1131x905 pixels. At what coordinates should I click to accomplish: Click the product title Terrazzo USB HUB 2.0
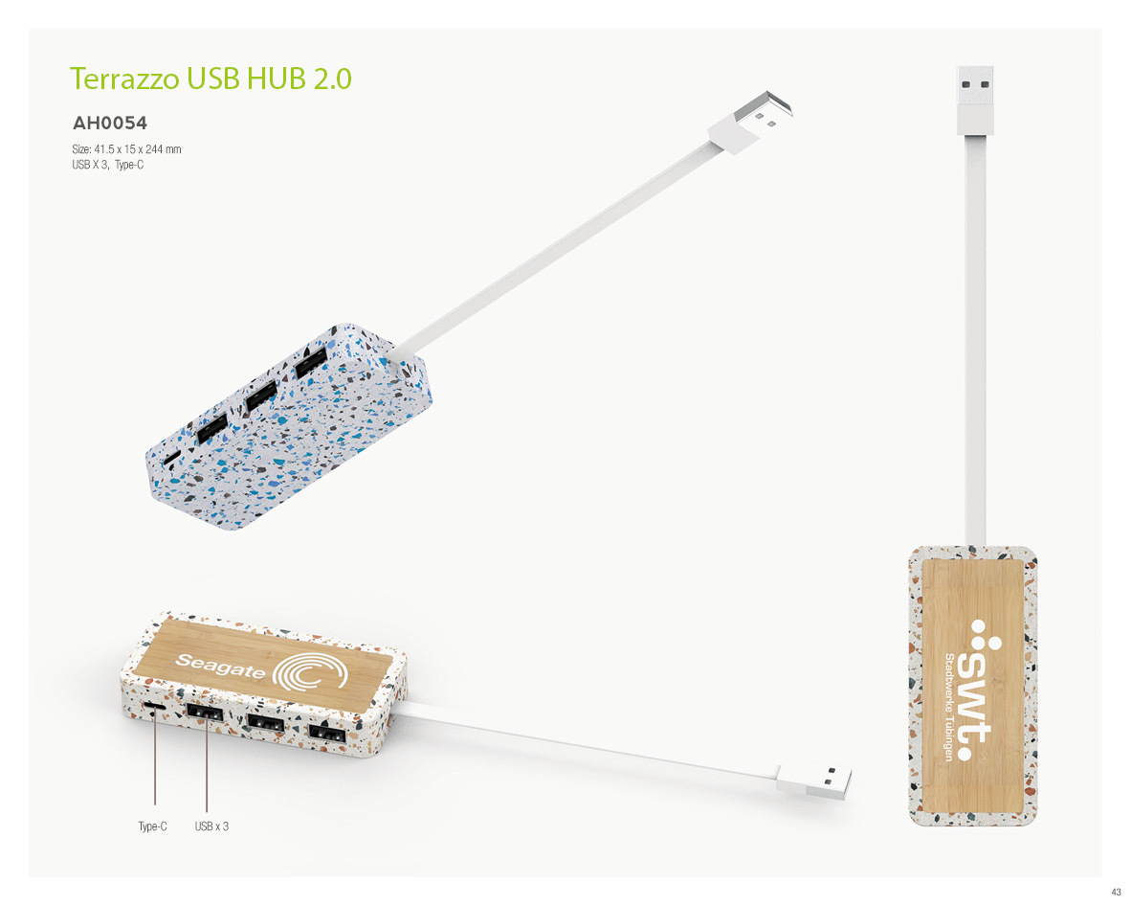[211, 79]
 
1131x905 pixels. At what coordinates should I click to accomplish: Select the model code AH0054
[110, 123]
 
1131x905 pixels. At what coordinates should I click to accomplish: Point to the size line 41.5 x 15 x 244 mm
[126, 149]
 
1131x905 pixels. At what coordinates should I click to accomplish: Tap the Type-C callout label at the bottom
[152, 826]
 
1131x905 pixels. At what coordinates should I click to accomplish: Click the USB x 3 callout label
[211, 826]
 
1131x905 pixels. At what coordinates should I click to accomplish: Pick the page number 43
[1116, 893]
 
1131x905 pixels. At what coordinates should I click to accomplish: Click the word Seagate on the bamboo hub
[221, 667]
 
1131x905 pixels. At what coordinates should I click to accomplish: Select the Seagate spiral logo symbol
[311, 672]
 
